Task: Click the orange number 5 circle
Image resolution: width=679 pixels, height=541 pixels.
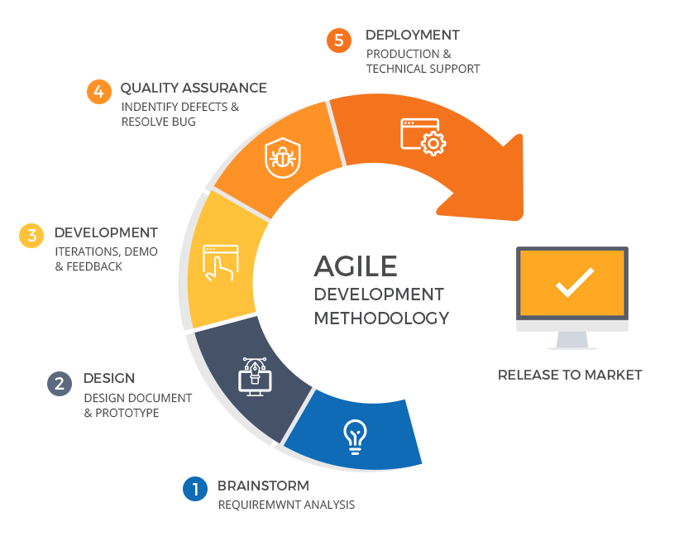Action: click(339, 41)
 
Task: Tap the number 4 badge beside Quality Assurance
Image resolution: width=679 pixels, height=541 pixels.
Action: click(99, 92)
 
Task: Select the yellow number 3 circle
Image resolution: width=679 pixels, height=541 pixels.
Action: click(31, 236)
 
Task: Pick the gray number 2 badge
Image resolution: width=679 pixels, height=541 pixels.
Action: click(60, 384)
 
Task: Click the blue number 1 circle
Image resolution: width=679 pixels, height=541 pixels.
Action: click(195, 489)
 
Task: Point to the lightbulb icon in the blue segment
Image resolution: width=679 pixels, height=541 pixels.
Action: click(355, 437)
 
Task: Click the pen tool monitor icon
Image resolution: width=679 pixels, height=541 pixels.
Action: click(255, 376)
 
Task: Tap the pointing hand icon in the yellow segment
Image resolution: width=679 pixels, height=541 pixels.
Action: click(221, 263)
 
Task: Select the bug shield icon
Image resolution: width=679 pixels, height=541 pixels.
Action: click(283, 158)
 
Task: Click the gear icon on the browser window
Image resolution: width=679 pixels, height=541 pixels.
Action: click(433, 143)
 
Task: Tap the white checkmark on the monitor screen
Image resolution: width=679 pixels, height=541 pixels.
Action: click(575, 282)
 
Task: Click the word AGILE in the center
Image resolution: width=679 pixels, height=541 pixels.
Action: click(356, 266)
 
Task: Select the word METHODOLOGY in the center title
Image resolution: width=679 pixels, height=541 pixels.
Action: click(381, 318)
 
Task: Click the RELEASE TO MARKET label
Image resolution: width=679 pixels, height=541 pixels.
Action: click(570, 375)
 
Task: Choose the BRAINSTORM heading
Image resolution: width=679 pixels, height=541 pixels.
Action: click(263, 486)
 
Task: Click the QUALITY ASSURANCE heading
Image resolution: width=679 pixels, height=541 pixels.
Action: click(194, 88)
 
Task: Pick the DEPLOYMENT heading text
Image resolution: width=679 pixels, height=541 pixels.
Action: click(413, 35)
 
